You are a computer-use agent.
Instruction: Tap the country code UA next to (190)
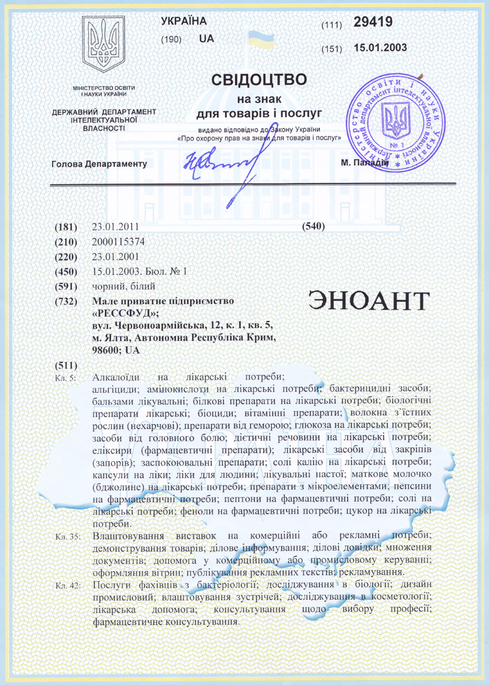click(206, 39)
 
